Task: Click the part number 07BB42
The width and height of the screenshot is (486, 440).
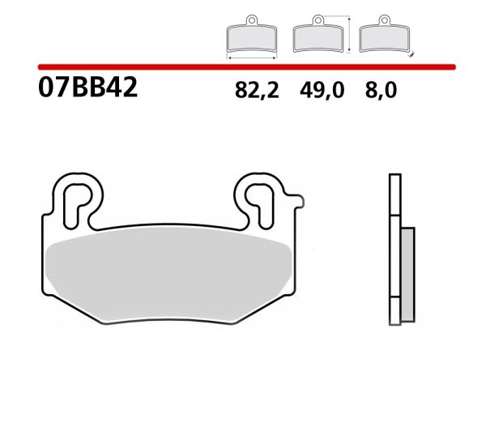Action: coord(87,88)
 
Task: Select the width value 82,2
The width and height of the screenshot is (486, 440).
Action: coord(257,91)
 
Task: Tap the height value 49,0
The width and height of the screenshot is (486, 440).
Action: coord(322,91)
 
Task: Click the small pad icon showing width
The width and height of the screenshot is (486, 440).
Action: coord(251,36)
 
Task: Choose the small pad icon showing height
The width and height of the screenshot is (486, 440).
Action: coord(318,36)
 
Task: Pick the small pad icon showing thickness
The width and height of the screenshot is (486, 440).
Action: coord(384,36)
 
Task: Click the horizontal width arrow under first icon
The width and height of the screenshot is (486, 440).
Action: coord(251,58)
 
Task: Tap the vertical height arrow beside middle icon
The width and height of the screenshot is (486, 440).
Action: coord(348,34)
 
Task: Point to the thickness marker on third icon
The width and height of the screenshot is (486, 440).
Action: coord(411,55)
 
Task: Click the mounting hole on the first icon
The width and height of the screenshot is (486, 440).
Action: coord(251,20)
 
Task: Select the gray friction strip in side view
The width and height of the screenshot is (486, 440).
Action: coord(407,271)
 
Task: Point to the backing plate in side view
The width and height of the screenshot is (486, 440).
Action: coord(394,251)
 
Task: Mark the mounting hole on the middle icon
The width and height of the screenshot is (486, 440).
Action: coord(318,20)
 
